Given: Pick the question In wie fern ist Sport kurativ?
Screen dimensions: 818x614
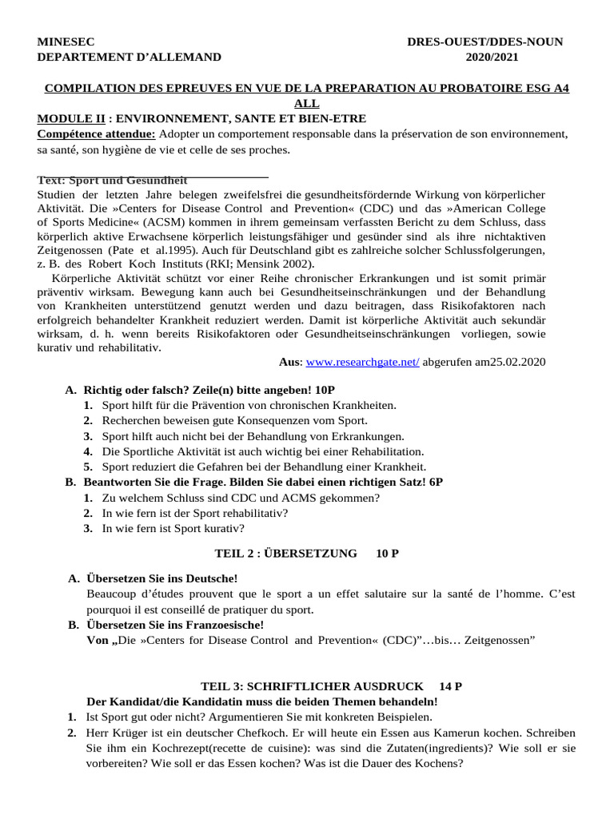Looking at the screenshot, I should (x=173, y=528).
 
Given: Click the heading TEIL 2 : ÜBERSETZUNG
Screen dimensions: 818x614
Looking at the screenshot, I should (x=286, y=553).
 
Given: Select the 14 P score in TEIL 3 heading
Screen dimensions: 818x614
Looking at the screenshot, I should (x=451, y=686).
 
